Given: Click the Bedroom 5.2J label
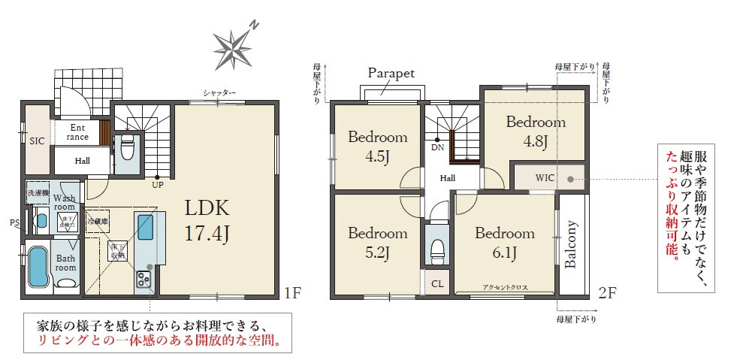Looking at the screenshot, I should (377, 242).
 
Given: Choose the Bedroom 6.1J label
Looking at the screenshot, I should (504, 242).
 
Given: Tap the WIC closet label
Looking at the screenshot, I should (545, 178).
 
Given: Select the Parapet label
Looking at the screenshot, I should (391, 73).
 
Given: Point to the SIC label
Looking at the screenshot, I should (36, 141).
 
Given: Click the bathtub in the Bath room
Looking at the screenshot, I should (38, 268).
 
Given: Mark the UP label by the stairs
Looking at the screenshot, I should (158, 183).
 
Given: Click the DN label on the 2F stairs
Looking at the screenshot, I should (437, 147).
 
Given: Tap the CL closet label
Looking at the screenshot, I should (436, 284).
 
